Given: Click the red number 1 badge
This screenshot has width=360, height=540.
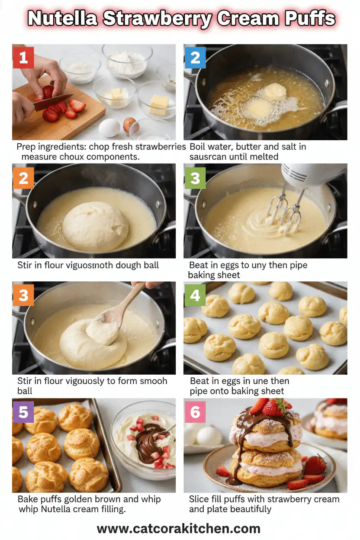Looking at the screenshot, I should [x=23, y=58].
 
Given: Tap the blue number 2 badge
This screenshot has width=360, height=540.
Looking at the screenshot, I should [x=195, y=58].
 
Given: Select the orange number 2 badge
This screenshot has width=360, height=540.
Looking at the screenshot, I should [x=23, y=177].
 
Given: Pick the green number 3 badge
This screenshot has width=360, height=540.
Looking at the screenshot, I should [x=195, y=177].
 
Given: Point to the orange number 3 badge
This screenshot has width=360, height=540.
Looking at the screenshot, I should [x=23, y=296].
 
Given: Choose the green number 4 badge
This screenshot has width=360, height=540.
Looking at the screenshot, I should [x=195, y=296].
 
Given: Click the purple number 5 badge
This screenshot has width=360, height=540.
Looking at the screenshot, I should [x=23, y=412].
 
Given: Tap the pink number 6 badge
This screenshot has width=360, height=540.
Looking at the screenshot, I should [x=195, y=412].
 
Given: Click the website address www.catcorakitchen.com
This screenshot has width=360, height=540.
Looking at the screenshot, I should [x=179, y=528].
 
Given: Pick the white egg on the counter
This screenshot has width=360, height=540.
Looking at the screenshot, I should [x=109, y=128].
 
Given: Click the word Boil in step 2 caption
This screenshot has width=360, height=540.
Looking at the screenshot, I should [x=198, y=147].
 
